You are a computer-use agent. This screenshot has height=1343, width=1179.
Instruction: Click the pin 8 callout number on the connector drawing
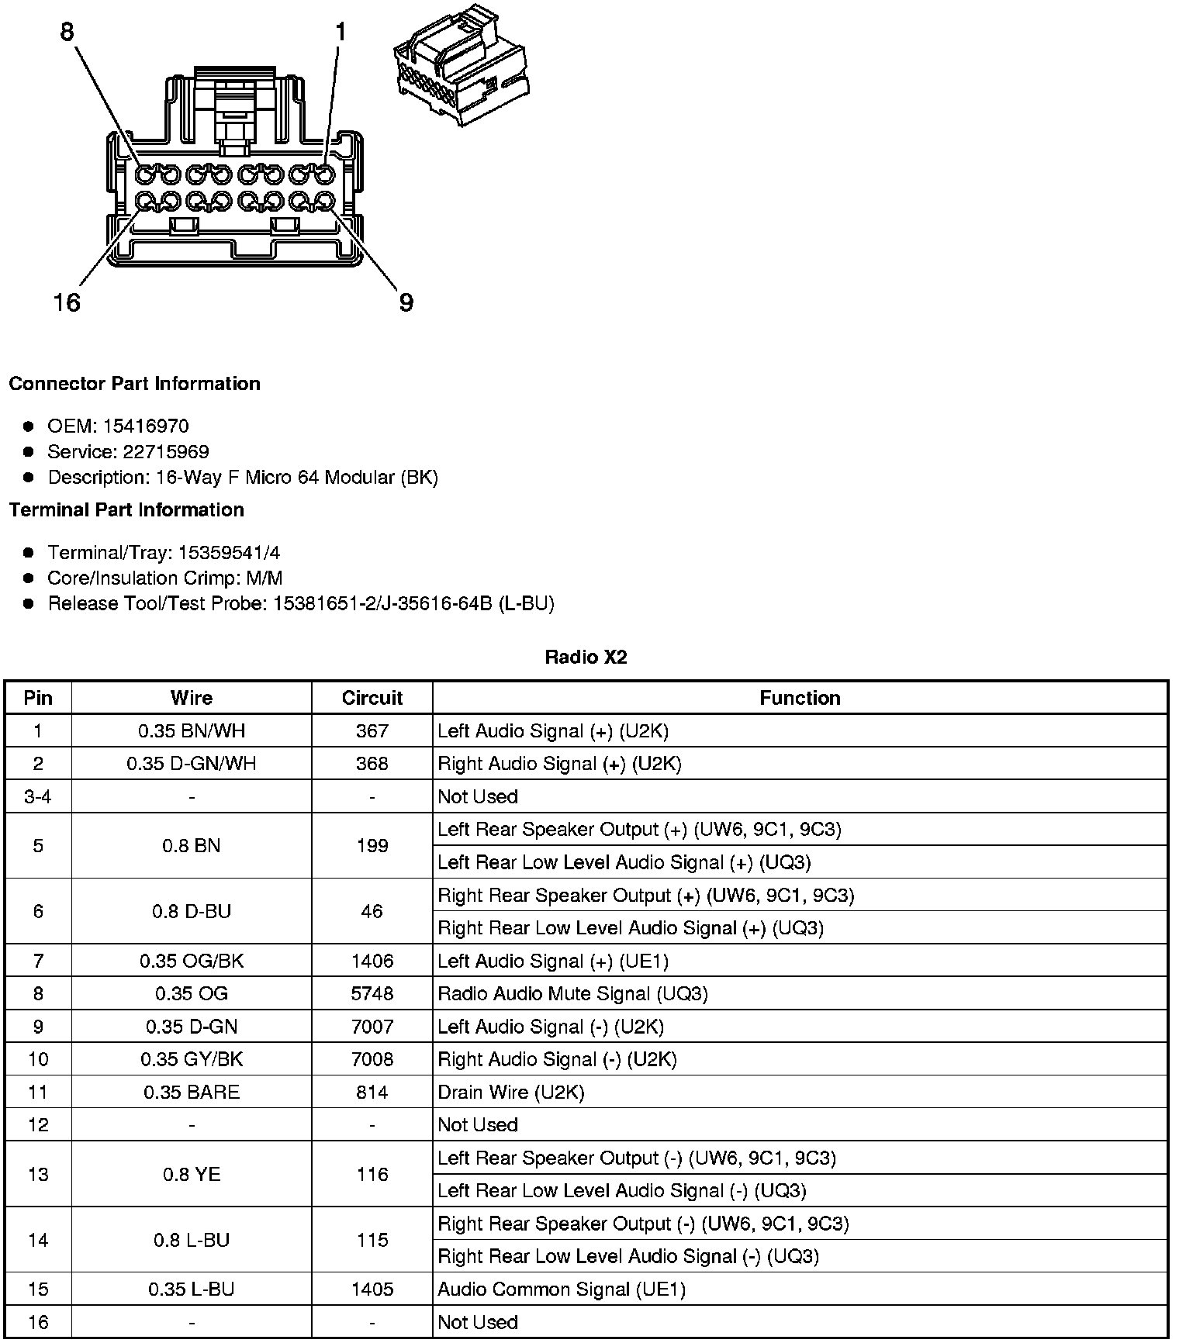[67, 32]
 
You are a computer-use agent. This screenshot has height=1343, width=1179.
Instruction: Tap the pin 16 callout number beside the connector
[67, 302]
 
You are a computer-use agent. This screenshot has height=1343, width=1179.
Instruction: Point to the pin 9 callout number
[406, 302]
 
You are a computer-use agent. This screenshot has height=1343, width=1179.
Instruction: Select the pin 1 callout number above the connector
[340, 32]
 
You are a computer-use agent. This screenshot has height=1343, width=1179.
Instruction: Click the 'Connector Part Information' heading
[134, 384]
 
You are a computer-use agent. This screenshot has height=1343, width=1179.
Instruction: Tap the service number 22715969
[165, 451]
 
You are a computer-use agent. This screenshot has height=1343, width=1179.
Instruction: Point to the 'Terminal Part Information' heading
[126, 509]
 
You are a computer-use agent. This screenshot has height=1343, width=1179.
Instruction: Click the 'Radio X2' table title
[586, 658]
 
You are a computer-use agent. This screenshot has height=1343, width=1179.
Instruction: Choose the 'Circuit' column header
[372, 698]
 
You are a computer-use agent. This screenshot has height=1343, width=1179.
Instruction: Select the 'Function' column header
[800, 698]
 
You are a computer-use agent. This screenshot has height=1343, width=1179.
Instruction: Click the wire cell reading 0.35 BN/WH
[191, 730]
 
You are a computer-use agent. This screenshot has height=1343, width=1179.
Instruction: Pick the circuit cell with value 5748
[372, 993]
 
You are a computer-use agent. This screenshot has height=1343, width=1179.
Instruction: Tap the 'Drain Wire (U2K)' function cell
[510, 1092]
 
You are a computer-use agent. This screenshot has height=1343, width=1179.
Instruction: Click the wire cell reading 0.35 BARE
[191, 1092]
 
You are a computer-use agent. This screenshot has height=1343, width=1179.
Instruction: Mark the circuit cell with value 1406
[372, 961]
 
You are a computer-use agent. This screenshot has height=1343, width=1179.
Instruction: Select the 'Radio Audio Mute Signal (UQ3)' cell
[572, 993]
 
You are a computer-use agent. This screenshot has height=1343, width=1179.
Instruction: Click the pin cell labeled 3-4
[38, 796]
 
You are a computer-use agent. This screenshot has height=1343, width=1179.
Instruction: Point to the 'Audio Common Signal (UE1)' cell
[562, 1289]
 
